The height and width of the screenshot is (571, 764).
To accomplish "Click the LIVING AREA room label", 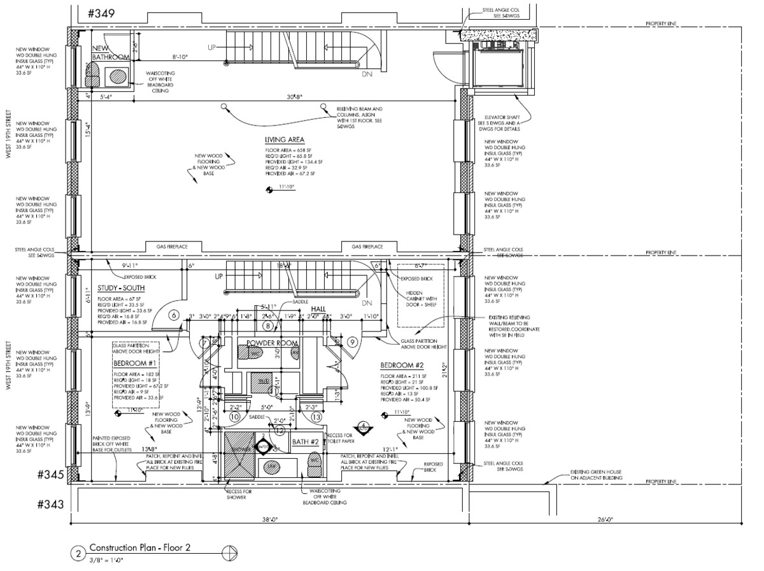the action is click(x=285, y=140).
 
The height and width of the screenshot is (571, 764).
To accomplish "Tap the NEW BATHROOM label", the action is click(x=111, y=53).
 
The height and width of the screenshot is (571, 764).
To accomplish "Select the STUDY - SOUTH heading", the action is click(x=122, y=287).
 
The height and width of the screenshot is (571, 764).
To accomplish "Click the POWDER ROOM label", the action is click(x=272, y=343).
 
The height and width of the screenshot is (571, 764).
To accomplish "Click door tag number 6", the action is click(x=173, y=315).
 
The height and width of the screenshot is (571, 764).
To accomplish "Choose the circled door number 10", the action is click(x=234, y=417).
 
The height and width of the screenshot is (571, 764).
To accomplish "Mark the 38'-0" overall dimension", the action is click(x=270, y=519).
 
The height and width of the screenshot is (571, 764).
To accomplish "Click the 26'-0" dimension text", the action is click(x=605, y=519).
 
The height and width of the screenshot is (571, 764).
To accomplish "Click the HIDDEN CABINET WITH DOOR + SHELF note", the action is click(x=420, y=303).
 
